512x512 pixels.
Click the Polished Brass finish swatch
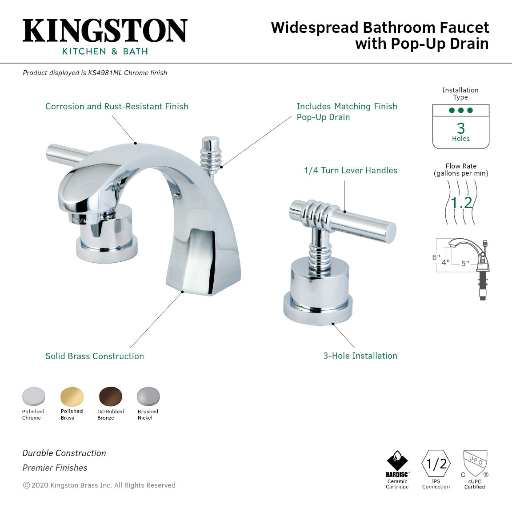pyautogui.click(x=72, y=396)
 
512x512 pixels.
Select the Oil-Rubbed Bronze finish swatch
pyautogui.click(x=111, y=396)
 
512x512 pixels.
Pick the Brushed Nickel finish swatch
pyautogui.click(x=148, y=396)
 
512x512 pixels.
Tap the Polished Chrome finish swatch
pyautogui.click(x=33, y=396)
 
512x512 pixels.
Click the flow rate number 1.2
pyautogui.click(x=461, y=203)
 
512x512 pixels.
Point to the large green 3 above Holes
pyautogui.click(x=461, y=128)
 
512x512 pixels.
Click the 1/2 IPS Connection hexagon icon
pyautogui.click(x=436, y=464)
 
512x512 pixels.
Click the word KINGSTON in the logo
pyautogui.click(x=105, y=31)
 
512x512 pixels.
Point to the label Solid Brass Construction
pyautogui.click(x=95, y=356)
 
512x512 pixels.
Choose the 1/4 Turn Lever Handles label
pyautogui.click(x=350, y=171)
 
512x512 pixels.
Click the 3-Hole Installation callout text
pyautogui.click(x=360, y=356)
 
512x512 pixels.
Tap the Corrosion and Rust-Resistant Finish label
pyautogui.click(x=117, y=107)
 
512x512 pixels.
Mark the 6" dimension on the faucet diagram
pyautogui.click(x=436, y=257)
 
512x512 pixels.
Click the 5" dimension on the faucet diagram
pyautogui.click(x=465, y=264)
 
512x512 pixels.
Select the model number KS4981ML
pyautogui.click(x=105, y=73)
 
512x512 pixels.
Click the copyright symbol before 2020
pyautogui.click(x=26, y=485)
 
